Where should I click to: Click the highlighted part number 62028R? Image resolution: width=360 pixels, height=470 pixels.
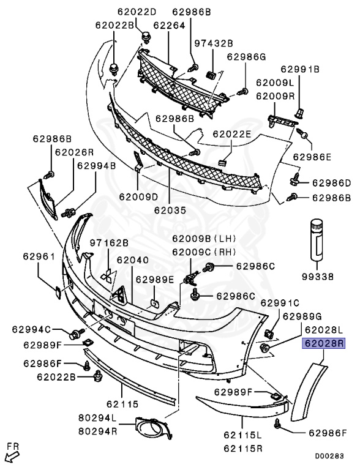(324, 343)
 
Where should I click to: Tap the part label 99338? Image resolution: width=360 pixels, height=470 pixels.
(318, 277)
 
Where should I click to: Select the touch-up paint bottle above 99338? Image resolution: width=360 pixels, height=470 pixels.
(317, 239)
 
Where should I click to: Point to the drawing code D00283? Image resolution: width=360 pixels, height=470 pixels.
(329, 456)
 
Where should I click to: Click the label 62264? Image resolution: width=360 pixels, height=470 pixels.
(169, 26)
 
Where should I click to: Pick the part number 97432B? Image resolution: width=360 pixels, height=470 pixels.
(213, 43)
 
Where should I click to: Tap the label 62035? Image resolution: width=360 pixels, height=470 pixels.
(170, 210)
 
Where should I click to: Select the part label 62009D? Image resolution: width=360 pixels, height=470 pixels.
(138, 197)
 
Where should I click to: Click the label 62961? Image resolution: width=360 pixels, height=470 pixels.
(39, 256)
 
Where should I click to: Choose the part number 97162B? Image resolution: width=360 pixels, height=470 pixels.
(109, 243)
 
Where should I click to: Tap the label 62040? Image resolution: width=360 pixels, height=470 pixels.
(132, 260)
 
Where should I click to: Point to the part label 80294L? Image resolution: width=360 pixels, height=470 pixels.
(97, 417)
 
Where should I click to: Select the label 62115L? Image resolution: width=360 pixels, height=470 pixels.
(242, 435)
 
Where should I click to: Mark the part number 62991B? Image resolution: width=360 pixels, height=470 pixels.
(300, 69)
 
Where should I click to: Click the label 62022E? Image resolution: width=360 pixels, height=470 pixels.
(231, 133)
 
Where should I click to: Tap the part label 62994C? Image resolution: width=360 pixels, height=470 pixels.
(31, 329)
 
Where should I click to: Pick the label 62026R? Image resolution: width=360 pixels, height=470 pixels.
(74, 152)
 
